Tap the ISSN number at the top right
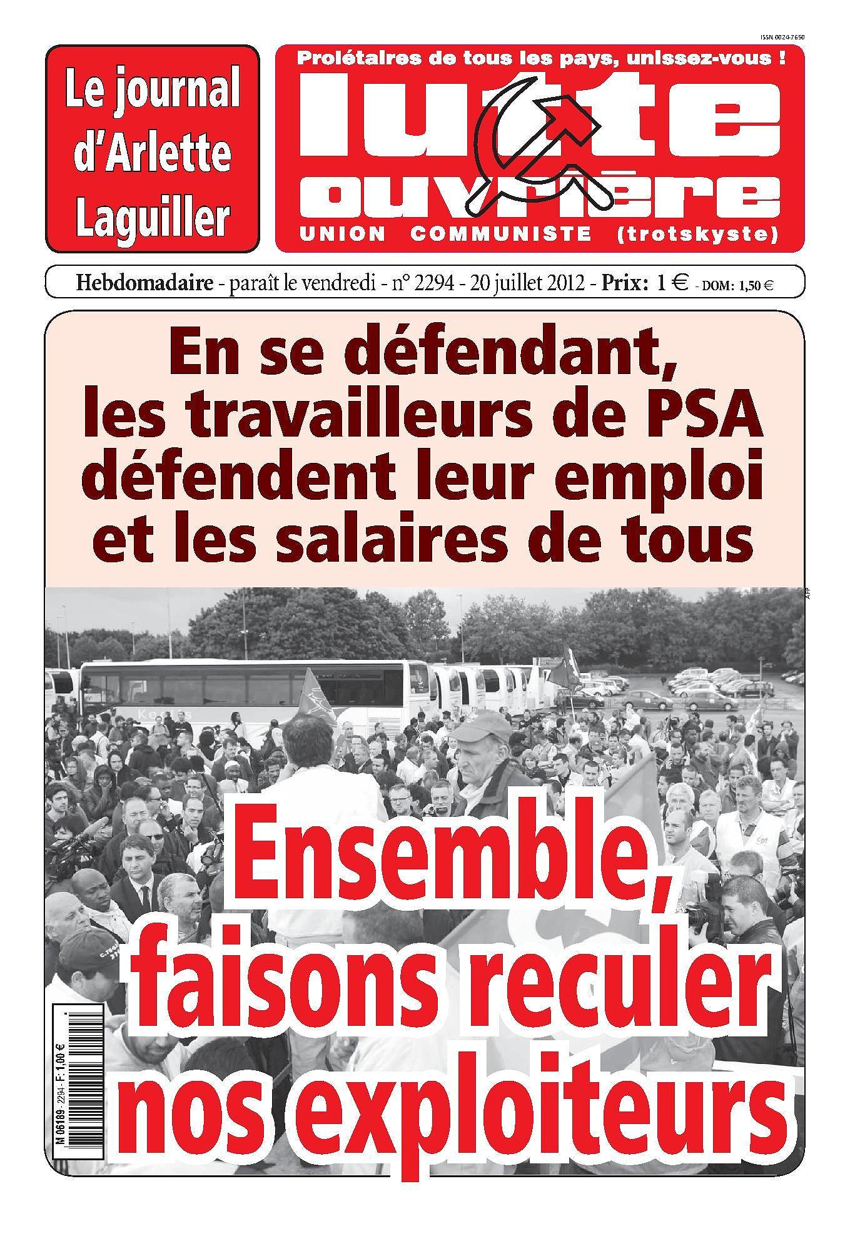pyautogui.click(x=781, y=38)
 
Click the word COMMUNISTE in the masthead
pyautogui.click(x=501, y=235)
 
